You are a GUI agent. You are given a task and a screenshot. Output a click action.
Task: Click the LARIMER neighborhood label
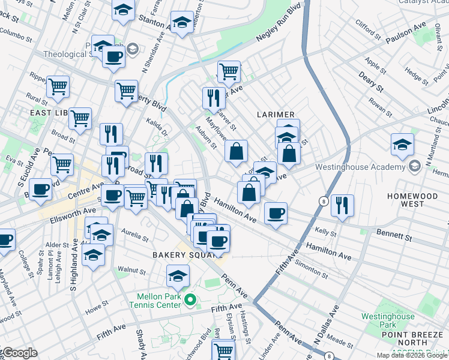click(276, 114)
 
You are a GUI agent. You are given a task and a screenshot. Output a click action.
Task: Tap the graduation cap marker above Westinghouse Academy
click(402, 145)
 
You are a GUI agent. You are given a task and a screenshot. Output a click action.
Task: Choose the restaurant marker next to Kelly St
click(342, 205)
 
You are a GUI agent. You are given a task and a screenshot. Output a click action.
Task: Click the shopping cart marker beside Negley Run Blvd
click(229, 72)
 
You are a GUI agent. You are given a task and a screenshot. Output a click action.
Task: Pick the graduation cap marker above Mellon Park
click(178, 276)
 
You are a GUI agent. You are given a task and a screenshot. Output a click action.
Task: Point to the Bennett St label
click(394, 234)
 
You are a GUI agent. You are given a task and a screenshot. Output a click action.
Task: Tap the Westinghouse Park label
click(388, 321)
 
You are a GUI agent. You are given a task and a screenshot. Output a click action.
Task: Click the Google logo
click(19, 353)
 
